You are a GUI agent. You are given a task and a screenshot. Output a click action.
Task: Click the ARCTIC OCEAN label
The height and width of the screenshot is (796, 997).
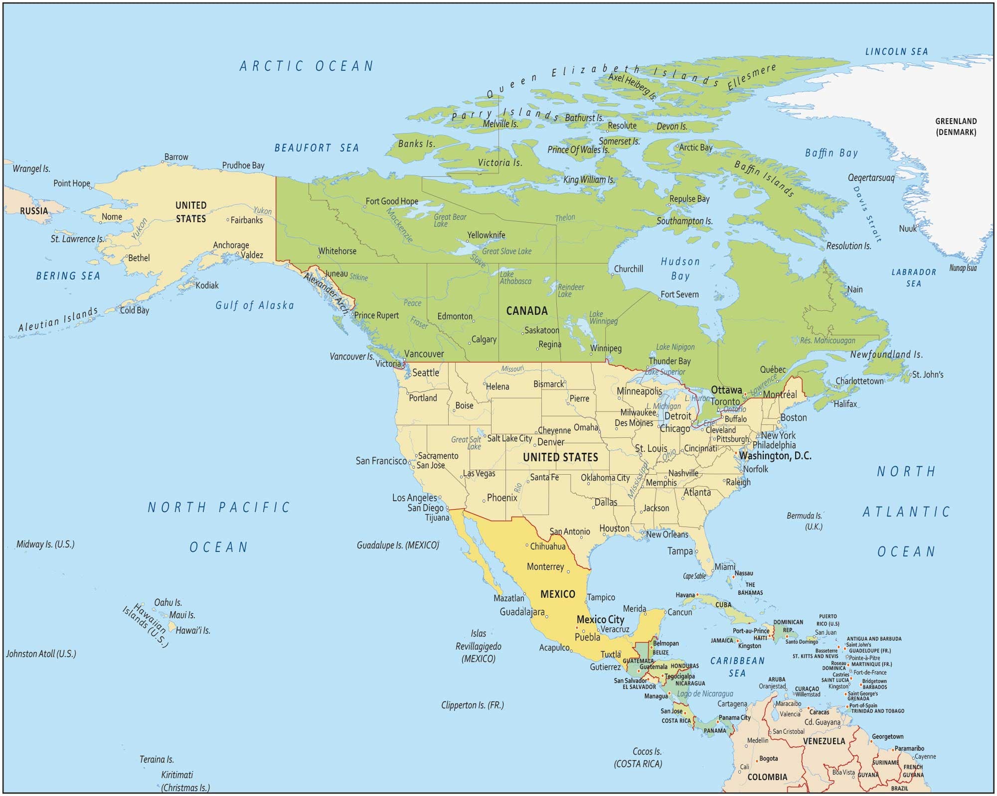tap(306, 66)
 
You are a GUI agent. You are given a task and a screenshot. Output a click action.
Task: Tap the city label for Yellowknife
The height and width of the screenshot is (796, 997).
tap(486, 235)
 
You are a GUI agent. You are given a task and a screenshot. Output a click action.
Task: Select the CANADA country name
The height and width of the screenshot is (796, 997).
tap(526, 311)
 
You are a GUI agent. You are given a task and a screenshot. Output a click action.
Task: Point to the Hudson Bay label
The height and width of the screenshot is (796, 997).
tap(680, 268)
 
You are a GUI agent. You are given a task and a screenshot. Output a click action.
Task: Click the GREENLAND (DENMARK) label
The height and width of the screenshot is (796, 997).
tap(956, 127)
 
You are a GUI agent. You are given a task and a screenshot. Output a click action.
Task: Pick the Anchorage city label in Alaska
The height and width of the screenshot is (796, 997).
tap(231, 245)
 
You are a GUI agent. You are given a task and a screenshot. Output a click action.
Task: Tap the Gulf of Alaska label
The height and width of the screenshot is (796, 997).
tap(254, 305)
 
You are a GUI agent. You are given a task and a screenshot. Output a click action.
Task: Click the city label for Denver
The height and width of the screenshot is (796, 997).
tap(550, 442)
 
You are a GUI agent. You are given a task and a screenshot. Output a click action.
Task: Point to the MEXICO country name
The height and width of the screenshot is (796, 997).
tap(557, 594)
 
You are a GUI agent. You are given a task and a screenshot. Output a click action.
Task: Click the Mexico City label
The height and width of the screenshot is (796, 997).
tap(600, 619)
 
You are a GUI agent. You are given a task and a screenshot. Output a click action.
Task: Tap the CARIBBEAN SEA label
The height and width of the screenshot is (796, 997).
tap(737, 666)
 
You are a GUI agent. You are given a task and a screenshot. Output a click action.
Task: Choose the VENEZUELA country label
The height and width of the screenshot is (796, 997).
tap(824, 741)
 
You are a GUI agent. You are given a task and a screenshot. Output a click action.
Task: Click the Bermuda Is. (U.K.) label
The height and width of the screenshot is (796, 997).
tap(804, 521)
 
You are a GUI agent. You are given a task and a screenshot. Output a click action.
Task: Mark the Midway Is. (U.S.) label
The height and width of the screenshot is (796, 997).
tap(45, 544)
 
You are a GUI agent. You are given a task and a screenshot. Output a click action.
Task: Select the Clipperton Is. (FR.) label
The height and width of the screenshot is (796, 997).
tap(472, 705)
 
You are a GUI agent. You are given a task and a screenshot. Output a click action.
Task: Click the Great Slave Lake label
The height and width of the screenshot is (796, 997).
tap(506, 252)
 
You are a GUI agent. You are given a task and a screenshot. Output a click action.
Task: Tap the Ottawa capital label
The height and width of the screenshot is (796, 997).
tap(726, 390)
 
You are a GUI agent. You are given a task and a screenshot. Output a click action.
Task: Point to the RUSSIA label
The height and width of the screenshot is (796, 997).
tap(34, 211)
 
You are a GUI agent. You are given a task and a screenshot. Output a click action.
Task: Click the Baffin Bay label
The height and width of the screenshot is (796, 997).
tap(831, 153)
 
